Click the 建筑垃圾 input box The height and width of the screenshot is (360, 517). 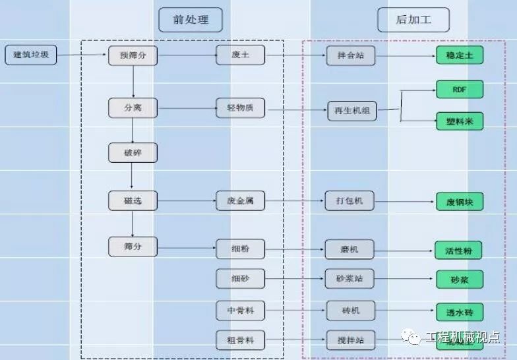click(31, 55)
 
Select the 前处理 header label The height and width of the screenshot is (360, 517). click(191, 20)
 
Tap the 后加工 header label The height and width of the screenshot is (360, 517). click(413, 20)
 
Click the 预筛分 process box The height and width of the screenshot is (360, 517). click(133, 55)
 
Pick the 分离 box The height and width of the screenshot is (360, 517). click(133, 107)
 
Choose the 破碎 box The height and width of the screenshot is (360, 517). click(133, 153)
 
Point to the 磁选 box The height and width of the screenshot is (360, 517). click(133, 200)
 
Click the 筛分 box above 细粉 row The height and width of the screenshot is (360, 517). click(133, 247)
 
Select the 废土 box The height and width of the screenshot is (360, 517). click(240, 55)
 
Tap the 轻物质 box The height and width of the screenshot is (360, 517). click(240, 107)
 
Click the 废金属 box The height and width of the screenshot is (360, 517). click(240, 200)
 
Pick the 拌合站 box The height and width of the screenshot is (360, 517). click(350, 55)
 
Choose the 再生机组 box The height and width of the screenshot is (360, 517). click(352, 111)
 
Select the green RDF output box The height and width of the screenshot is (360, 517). click(459, 89)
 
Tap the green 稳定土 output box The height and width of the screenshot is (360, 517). click(459, 55)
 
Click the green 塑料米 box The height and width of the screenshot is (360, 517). click(459, 121)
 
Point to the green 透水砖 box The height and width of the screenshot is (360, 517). click(459, 312)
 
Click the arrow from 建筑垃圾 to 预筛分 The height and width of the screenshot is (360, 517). click(82, 55)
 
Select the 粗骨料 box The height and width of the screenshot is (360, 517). click(240, 340)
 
